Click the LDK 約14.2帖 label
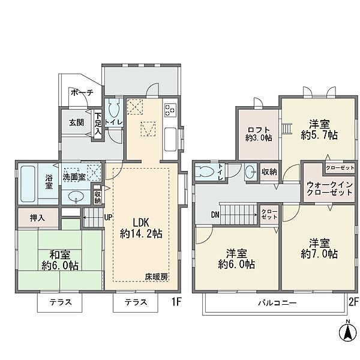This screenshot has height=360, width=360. click(141, 228)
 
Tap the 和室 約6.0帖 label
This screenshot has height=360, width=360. click(60, 260)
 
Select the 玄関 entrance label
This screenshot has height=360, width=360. click(76, 122)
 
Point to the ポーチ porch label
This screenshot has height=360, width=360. click(82, 93)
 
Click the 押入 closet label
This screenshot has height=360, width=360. click(37, 218)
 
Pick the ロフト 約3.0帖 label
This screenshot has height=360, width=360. click(259, 134)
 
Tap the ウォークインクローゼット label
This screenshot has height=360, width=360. click(329, 188)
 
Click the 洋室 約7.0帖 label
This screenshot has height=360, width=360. click(319, 248)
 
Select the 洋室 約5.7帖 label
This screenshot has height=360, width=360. click(319, 130)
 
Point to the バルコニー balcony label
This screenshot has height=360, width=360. click(277, 303)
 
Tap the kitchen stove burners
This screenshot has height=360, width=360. click(170, 110)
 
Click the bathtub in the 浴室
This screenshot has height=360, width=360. click(28, 184)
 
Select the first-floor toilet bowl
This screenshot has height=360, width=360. click(113, 110)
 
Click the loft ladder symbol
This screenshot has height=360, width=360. click(287, 129)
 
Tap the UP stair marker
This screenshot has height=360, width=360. click(108, 217)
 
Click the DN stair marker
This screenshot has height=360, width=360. click(215, 215)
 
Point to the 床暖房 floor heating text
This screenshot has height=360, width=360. click(157, 277)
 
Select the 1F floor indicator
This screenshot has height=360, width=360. click(176, 302)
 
